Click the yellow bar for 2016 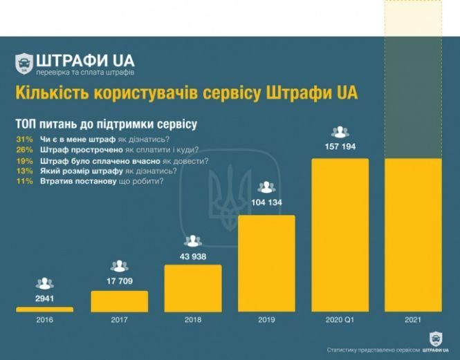pyautogui.click(x=45, y=310)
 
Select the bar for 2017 pyautogui.click(x=119, y=301)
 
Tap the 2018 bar pyautogui.click(x=193, y=288)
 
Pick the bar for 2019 pyautogui.click(x=266, y=263)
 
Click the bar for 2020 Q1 pyautogui.click(x=340, y=235)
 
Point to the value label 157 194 pyautogui.click(x=340, y=147)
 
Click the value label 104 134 pyautogui.click(x=266, y=202)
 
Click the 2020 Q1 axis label pyautogui.click(x=340, y=321)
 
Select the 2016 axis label pyautogui.click(x=45, y=321)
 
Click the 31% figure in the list pyautogui.click(x=23, y=140)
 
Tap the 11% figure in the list pyautogui.click(x=23, y=181)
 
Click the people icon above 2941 pyautogui.click(x=45, y=283)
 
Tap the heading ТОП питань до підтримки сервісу pyautogui.click(x=106, y=124)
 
